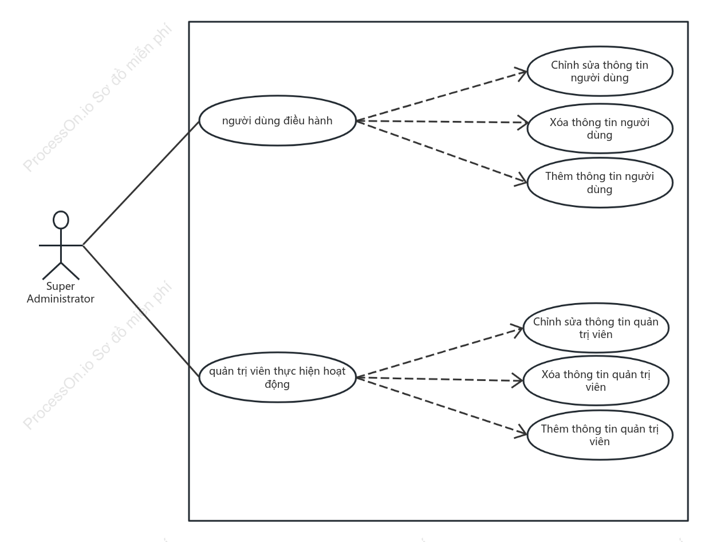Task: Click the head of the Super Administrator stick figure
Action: click(61, 220)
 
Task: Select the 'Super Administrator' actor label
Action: click(60, 292)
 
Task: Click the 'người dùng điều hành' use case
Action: click(277, 120)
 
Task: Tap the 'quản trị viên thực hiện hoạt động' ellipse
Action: click(277, 377)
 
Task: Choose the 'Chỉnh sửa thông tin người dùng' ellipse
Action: click(600, 71)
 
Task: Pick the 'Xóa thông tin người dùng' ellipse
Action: click(600, 128)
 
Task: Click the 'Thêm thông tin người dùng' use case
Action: click(600, 183)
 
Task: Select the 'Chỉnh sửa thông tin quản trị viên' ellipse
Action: click(596, 328)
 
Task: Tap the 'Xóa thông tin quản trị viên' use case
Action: click(596, 381)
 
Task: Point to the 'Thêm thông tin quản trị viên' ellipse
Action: click(600, 435)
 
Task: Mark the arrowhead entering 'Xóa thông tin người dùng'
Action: click(523, 123)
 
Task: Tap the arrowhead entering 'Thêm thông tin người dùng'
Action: click(521, 180)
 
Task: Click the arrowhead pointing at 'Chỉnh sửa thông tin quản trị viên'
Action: click(518, 331)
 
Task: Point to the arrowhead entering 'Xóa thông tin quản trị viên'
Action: click(518, 381)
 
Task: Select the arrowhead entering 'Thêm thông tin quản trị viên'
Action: click(521, 432)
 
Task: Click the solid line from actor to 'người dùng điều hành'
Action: click(141, 183)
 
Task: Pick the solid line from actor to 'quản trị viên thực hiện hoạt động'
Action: click(141, 311)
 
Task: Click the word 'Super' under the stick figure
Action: click(60, 286)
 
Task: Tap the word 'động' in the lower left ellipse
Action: click(277, 384)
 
